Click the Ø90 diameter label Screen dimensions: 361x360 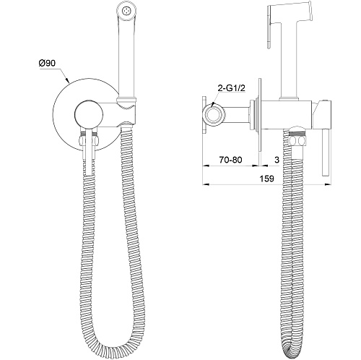[47, 63]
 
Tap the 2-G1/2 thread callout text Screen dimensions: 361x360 [231, 88]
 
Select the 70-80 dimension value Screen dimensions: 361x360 [230, 160]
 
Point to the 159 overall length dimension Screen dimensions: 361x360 [267, 179]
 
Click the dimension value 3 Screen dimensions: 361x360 [277, 160]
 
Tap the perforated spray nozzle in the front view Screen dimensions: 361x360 [125, 11]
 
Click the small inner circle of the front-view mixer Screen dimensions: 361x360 [89, 114]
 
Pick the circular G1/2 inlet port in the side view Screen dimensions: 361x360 [213, 114]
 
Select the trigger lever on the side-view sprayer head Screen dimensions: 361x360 [269, 27]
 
